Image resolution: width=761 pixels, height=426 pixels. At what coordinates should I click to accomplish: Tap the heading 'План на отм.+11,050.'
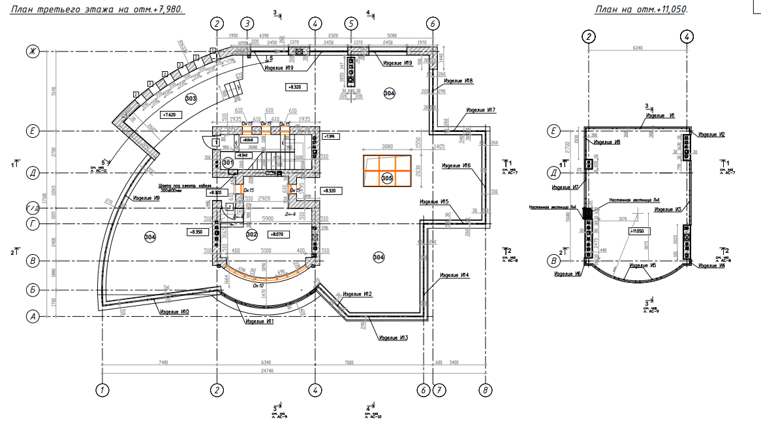pos(641,9)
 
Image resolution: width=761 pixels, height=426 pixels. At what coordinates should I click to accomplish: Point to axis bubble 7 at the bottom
pos(439,391)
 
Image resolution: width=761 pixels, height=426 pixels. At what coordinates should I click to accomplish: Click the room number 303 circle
pos(191,99)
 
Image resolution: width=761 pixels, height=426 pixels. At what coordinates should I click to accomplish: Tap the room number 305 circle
pos(386,178)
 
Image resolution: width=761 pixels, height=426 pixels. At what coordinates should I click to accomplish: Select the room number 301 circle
pos(228,161)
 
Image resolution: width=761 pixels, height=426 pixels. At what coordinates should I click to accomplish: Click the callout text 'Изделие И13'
pos(394,338)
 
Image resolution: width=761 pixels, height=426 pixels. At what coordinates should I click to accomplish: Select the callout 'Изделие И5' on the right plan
pos(643,266)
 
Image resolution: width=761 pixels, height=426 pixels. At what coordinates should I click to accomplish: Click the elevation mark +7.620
pos(170,114)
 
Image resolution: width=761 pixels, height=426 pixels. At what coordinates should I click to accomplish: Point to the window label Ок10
pos(258,285)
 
